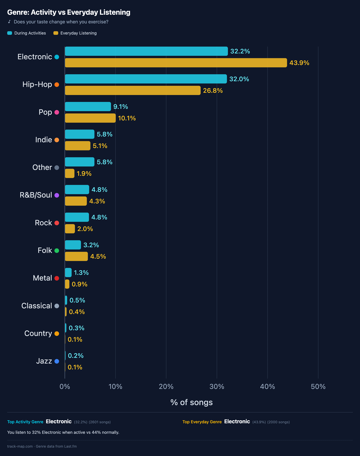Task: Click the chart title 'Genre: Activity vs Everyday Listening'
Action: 69,12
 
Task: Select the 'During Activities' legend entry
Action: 27,33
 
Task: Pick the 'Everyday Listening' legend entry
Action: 75,33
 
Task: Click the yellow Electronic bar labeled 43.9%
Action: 176,63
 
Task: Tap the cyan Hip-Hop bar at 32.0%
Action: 146,79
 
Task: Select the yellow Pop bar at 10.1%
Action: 90,118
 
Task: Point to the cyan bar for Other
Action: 79,162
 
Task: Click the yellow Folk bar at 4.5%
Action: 76,257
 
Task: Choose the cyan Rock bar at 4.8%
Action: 77,217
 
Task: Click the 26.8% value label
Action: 213,91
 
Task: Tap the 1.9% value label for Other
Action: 84,174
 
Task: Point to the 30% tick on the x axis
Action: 217,387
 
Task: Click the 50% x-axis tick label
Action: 318,387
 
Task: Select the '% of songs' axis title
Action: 191,402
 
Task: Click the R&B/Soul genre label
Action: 36,195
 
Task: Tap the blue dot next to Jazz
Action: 57,361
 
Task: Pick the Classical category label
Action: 37,306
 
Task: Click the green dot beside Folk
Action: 57,251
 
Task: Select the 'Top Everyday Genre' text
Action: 202,422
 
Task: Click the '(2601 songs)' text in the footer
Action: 100,422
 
